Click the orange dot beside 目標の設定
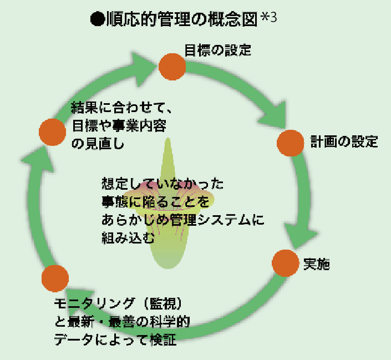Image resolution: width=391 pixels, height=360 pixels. (172, 66)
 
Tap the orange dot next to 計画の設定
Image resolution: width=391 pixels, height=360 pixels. (291, 143)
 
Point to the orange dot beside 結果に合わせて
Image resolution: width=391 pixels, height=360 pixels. (53, 132)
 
